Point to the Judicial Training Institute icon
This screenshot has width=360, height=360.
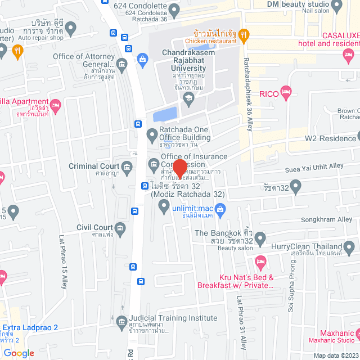pyautogui.click(x=121, y=322)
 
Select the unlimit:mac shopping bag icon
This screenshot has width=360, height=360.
pyautogui.click(x=220, y=210)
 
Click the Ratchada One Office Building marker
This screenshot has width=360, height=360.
pyautogui.click(x=152, y=134)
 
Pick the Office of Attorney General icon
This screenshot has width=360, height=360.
pyautogui.click(x=143, y=58)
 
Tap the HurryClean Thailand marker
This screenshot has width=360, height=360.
pyautogui.click(x=349, y=246)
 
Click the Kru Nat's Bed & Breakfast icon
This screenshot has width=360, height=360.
pyautogui.click(x=260, y=262)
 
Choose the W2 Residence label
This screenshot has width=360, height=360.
pyautogui.click(x=330, y=138)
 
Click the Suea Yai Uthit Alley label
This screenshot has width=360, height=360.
pyautogui.click(x=316, y=166)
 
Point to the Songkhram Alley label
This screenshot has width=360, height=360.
pyautogui.click(x=328, y=219)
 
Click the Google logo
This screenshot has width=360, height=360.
pyautogui.click(x=19, y=353)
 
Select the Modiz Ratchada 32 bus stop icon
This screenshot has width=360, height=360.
pyautogui.click(x=145, y=186)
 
